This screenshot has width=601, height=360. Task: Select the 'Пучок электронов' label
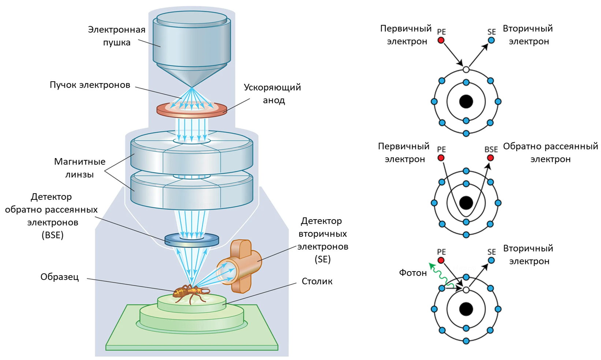click(90, 85)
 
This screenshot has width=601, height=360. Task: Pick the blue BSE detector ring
click(172, 240)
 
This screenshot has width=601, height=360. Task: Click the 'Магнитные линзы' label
click(79, 168)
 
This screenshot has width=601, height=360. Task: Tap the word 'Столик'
click(317, 281)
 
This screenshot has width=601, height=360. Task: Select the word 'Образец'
click(60, 277)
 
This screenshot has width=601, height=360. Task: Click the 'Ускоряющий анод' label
click(273, 94)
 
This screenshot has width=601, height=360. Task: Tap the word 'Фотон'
click(413, 273)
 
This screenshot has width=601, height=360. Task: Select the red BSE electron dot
click(490, 158)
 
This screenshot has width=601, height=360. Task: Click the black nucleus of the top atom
click(466, 101)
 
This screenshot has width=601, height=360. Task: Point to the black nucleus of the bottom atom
click(466, 309)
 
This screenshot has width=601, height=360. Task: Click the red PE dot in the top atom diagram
click(441, 40)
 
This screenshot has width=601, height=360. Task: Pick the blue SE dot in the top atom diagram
click(491, 40)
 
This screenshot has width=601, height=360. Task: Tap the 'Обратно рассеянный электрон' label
click(550, 153)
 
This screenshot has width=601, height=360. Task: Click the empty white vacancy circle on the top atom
click(466, 70)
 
